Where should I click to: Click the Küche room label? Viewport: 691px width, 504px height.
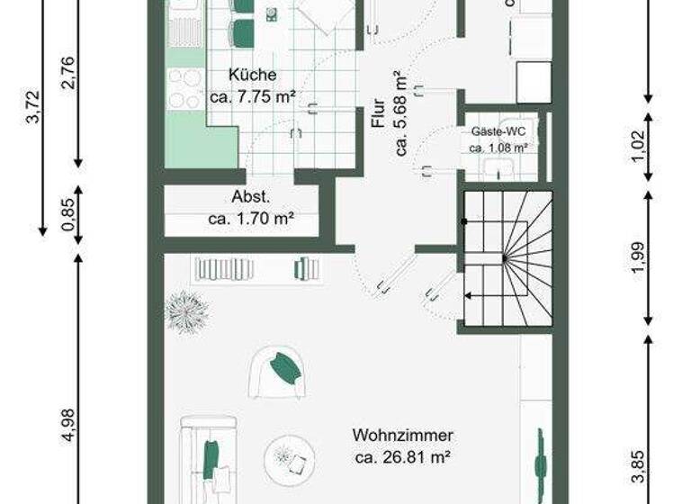click(252, 76)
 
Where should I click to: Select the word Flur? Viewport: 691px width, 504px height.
click(379, 112)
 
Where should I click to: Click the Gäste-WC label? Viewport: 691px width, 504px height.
click(498, 131)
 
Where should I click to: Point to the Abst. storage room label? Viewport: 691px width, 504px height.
click(251, 197)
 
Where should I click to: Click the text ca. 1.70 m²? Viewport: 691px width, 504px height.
click(252, 218)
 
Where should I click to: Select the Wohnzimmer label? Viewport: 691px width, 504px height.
click(402, 436)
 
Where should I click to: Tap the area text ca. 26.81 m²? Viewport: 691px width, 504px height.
click(402, 457)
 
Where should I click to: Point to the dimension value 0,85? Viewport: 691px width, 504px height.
click(69, 216)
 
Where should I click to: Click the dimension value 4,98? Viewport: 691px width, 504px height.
click(69, 426)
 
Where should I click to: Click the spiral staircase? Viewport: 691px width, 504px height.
click(506, 258)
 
